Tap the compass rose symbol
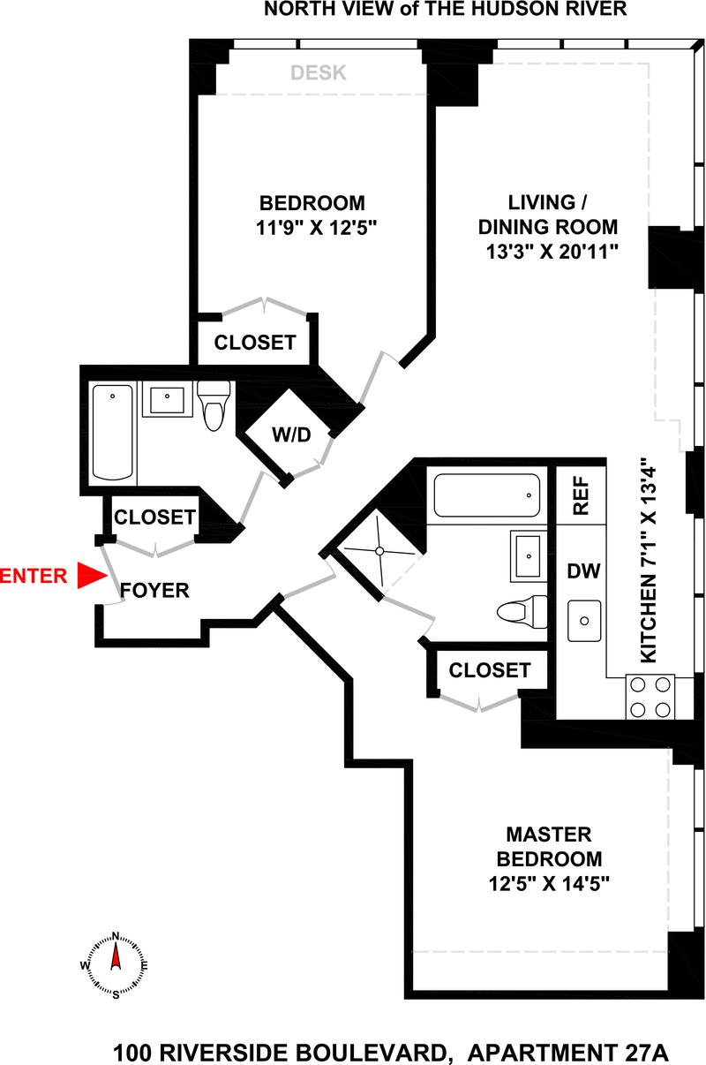pos(116,964)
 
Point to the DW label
pos(583,571)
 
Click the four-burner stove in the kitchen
pos(650,697)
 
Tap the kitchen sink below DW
pos(583,620)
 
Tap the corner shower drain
pos(379,550)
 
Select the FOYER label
pos(154,591)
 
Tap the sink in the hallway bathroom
pos(168,400)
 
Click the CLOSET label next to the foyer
pos(154,517)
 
